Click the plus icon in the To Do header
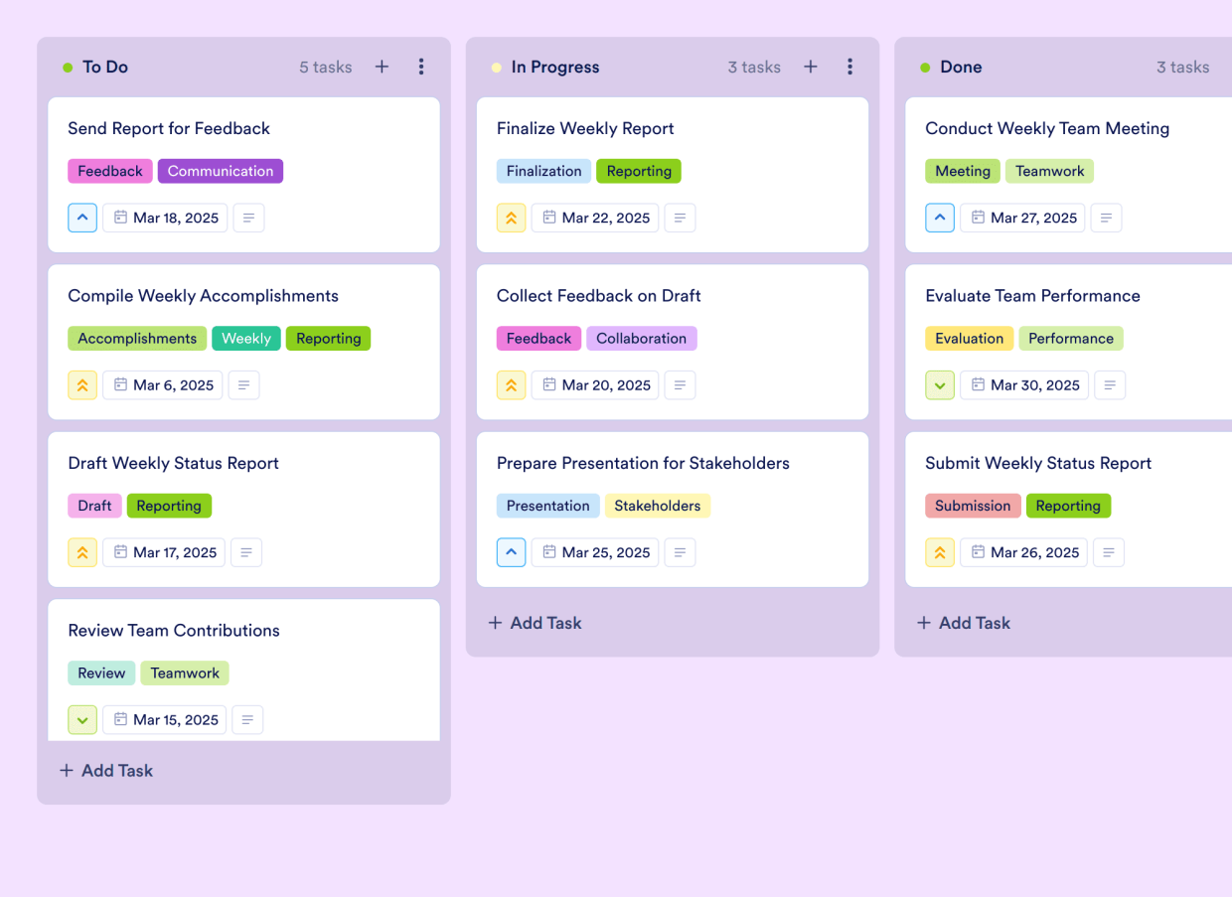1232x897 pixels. click(x=382, y=67)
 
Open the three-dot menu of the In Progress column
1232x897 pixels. click(x=849, y=67)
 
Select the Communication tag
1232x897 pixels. click(x=220, y=171)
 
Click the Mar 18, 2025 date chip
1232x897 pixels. click(x=165, y=218)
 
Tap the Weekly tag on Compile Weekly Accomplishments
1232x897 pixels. click(x=245, y=339)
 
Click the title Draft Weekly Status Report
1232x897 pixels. click(x=173, y=463)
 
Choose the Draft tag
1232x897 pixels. click(x=94, y=506)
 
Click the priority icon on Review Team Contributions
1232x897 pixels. click(x=82, y=719)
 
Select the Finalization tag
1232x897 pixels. click(x=543, y=171)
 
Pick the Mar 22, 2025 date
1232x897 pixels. click(x=594, y=218)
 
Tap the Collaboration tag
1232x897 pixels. click(x=641, y=339)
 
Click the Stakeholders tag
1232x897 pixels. click(x=657, y=506)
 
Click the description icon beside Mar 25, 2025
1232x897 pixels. click(x=680, y=552)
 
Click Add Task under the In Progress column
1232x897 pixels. click(x=536, y=623)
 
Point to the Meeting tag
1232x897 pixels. click(x=962, y=171)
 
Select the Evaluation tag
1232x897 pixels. click(x=969, y=339)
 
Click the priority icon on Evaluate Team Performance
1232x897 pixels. click(x=940, y=385)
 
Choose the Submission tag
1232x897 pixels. click(x=972, y=506)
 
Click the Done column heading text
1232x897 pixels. click(x=961, y=67)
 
